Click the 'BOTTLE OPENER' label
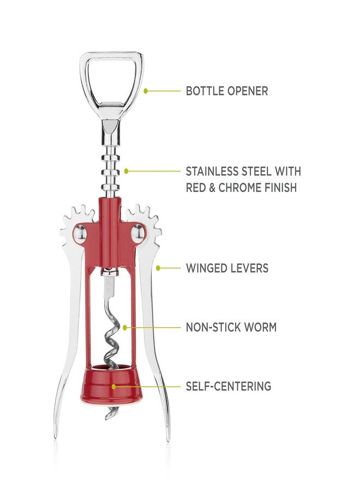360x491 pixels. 227,91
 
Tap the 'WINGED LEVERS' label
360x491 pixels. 227,268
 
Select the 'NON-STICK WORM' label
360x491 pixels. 231,327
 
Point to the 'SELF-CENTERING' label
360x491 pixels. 229,386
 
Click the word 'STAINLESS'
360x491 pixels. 212,171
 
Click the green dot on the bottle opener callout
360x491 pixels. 146,91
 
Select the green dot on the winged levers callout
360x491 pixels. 158,268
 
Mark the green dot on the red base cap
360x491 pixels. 114,386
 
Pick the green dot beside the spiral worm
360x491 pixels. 125,327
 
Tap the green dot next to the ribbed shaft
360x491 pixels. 126,171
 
